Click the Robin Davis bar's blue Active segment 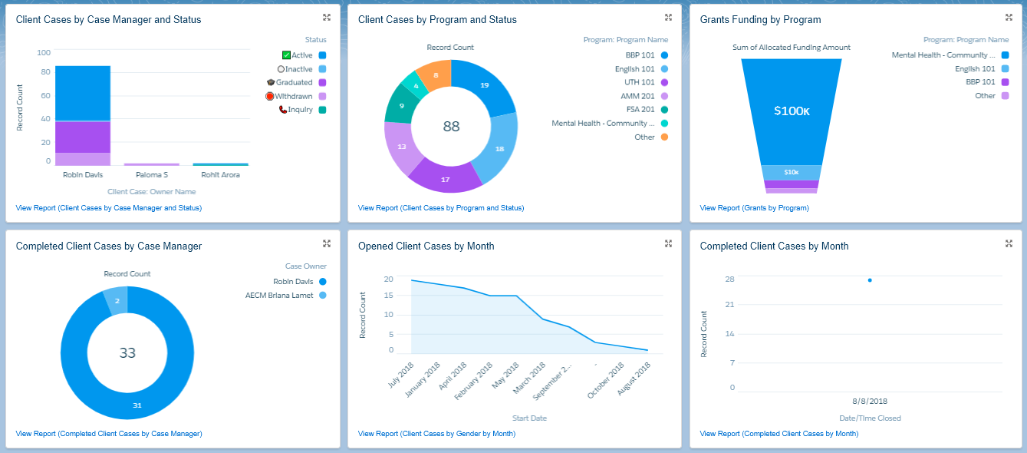coord(83,93)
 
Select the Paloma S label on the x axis coord(151,175)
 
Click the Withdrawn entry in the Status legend coord(294,96)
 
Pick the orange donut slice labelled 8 coord(435,75)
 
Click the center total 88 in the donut coord(451,126)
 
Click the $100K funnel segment coord(791,111)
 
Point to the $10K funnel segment coord(791,172)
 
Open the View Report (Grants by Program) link coord(754,208)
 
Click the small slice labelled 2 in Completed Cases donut coord(117,301)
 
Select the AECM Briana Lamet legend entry coord(279,296)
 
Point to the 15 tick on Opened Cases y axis coord(389,296)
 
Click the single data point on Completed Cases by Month coord(870,280)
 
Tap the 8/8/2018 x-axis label coord(870,402)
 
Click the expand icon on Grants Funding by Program coord(1009,18)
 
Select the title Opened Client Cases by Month coord(426,246)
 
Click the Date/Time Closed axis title coord(870,418)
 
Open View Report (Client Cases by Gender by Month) coord(436,434)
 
